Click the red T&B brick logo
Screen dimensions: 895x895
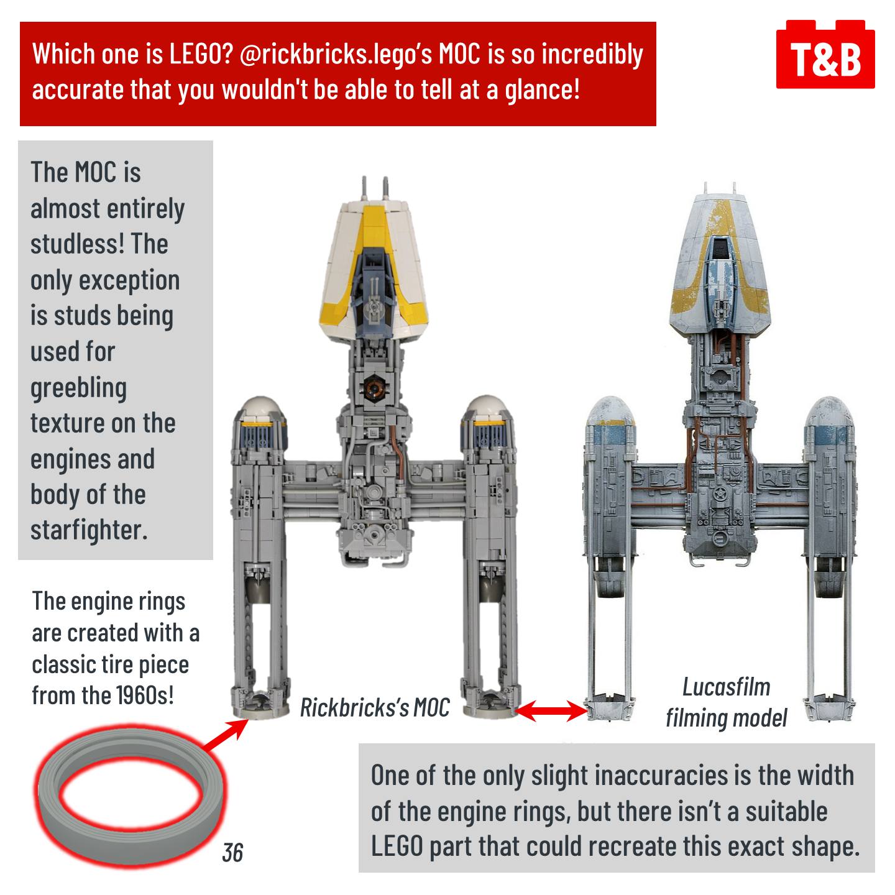tap(825, 54)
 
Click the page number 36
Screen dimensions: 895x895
tap(232, 853)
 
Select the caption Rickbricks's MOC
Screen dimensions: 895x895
tap(375, 708)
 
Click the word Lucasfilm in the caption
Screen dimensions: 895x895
tap(726, 687)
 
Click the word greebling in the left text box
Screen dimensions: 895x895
tap(78, 388)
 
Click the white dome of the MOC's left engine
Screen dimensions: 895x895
tap(260, 409)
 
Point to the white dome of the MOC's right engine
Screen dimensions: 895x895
tap(487, 408)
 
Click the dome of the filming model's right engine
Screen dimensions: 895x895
tap(830, 411)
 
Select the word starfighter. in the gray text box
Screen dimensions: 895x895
tap(89, 530)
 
